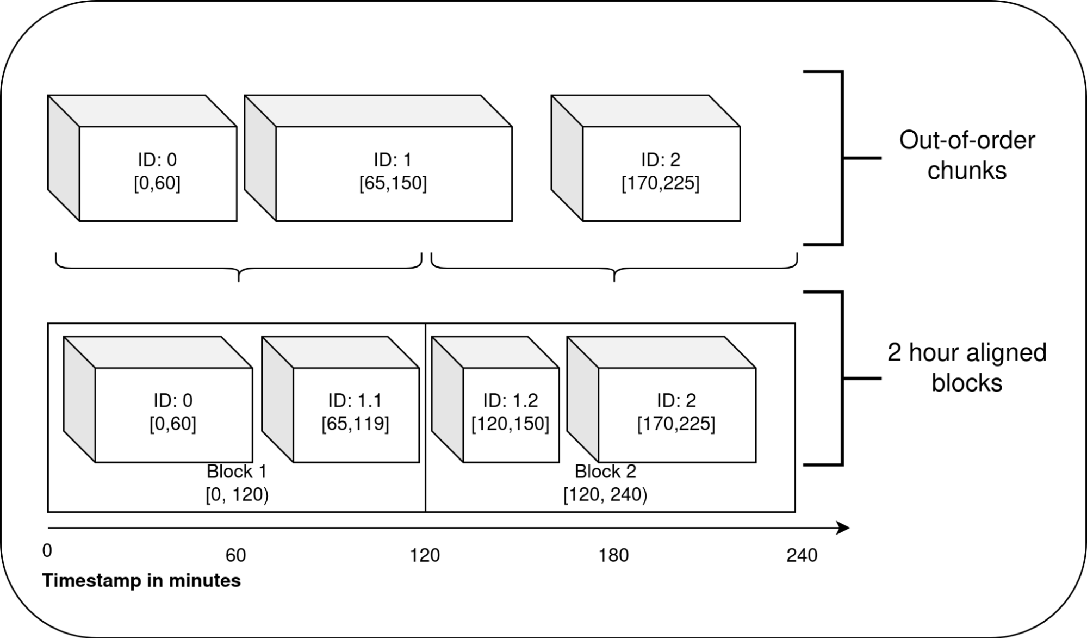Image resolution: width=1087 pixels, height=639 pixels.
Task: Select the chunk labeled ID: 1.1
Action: tap(355, 412)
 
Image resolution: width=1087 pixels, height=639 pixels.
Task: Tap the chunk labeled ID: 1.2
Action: tap(510, 412)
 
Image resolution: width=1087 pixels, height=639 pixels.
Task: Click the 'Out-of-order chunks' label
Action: tap(966, 156)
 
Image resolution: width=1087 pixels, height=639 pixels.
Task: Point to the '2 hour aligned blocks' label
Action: tap(966, 368)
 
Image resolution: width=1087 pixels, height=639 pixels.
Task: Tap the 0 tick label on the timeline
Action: tap(47, 551)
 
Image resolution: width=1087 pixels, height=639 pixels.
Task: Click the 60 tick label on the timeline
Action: tap(235, 555)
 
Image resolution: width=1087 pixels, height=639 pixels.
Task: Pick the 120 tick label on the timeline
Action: tap(425, 555)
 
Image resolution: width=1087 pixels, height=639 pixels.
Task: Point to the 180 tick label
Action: tap(613, 555)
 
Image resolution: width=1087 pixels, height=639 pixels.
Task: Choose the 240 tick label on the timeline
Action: tap(802, 555)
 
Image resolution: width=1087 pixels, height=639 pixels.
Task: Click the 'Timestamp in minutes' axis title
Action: tap(141, 581)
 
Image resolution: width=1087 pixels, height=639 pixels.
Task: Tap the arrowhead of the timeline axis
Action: tap(843, 528)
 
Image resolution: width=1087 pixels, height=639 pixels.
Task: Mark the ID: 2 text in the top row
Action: tap(660, 160)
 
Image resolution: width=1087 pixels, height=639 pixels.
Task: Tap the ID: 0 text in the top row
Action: tap(157, 160)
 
